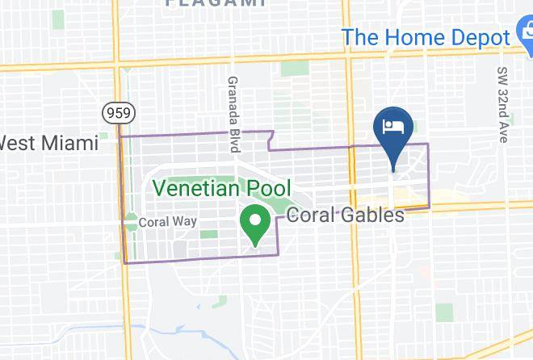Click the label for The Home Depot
coord(426,36)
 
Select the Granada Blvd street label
coord(233,114)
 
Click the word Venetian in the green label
coord(198,189)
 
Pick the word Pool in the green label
coord(268,189)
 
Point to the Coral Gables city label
coord(345,216)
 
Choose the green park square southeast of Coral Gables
coord(443,312)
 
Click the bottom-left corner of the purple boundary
coord(125,262)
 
